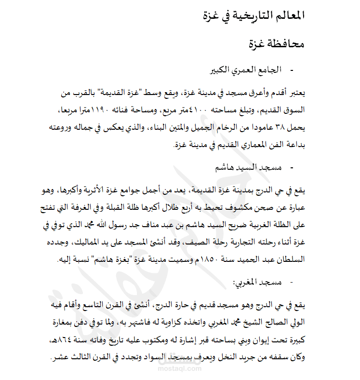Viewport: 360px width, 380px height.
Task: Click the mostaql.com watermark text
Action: (x=180, y=368)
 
